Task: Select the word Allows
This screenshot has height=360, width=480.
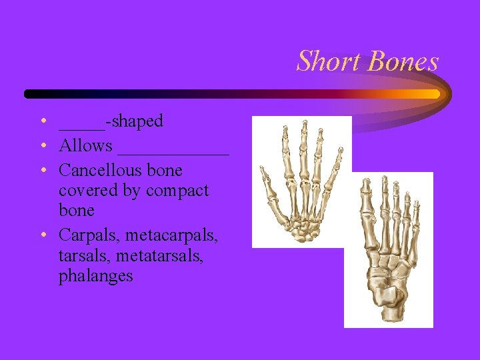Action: pos(85,145)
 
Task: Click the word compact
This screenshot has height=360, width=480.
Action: pos(177,191)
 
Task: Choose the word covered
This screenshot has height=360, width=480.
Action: pos(87,191)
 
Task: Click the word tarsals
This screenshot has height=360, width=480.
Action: pos(83,255)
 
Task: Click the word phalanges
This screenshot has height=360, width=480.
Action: pos(95,275)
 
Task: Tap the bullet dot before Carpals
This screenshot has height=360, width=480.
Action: pos(42,235)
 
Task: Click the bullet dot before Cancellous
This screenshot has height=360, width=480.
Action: pos(42,170)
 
